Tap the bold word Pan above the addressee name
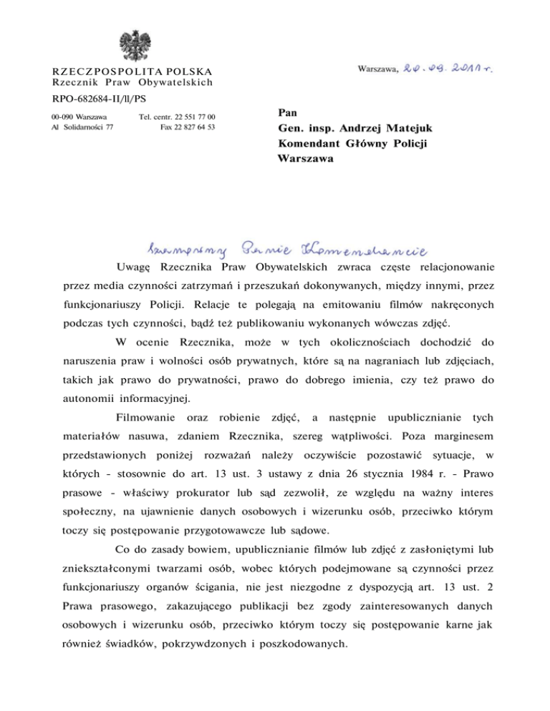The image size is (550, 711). (286, 113)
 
